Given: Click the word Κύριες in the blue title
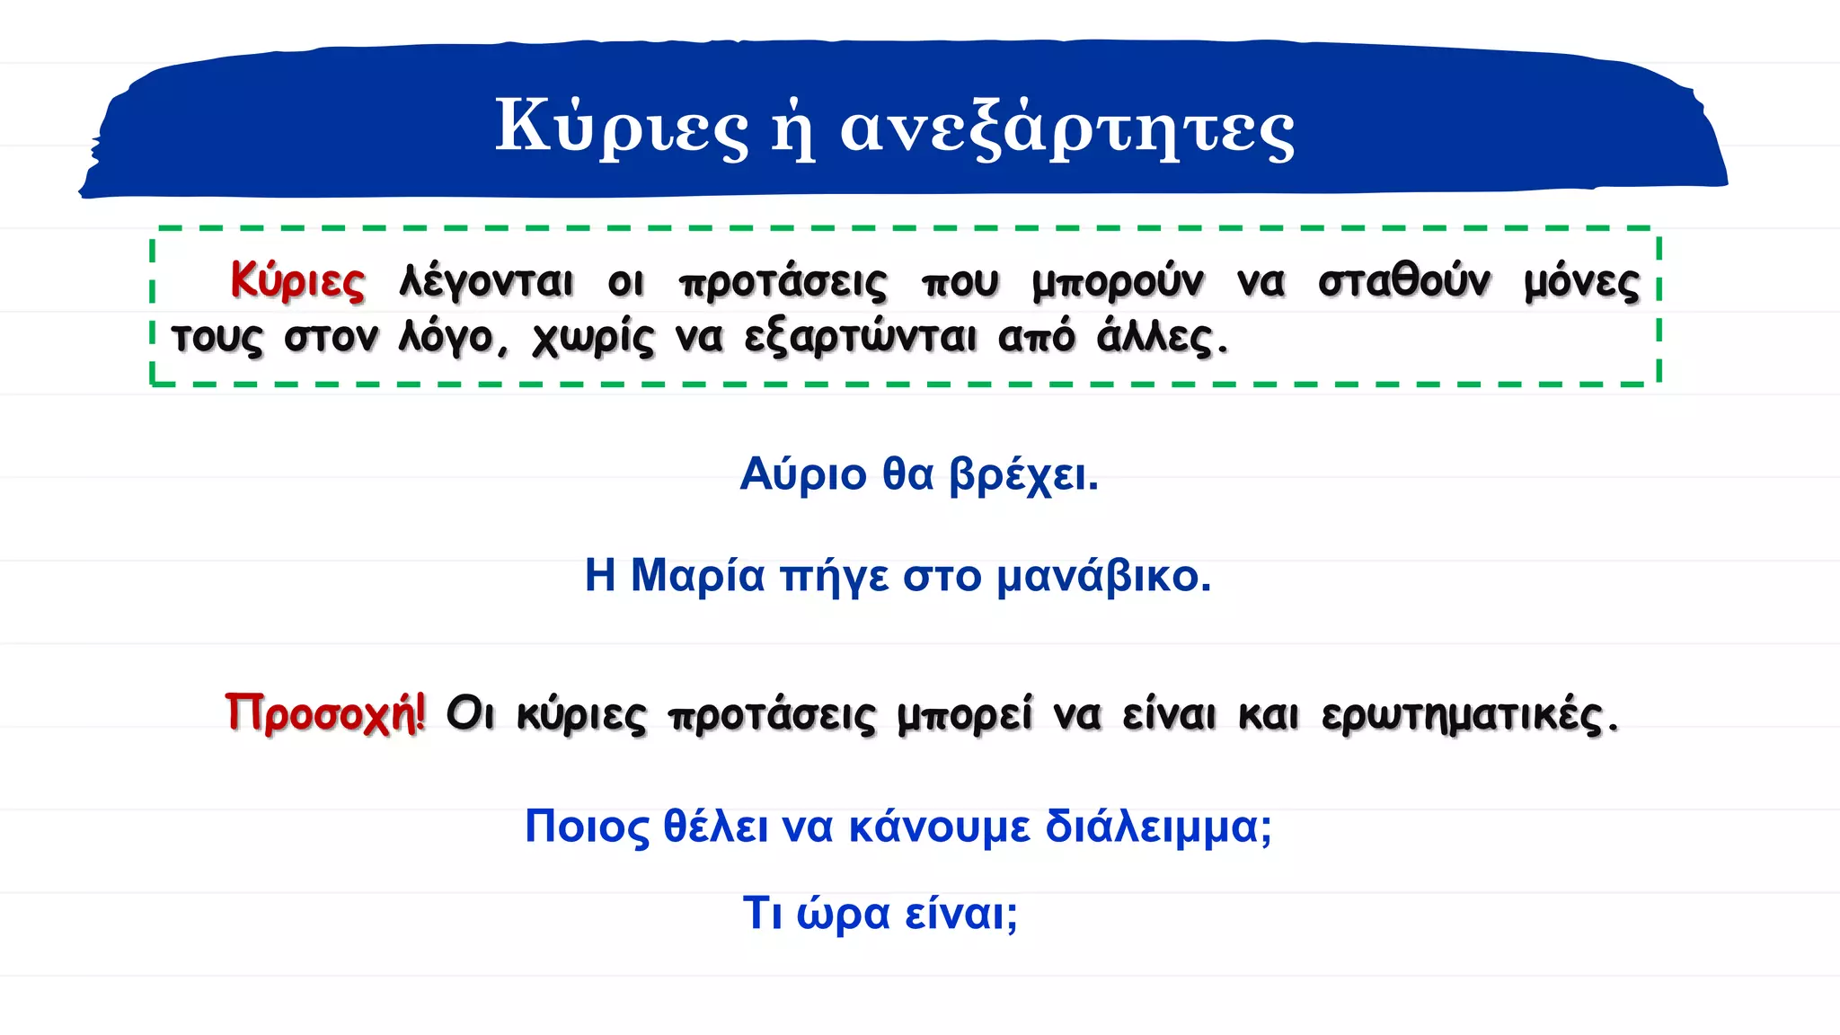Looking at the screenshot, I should [x=621, y=127].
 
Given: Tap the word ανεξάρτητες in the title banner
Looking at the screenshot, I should [x=1066, y=128].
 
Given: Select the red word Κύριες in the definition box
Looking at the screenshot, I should [x=297, y=280].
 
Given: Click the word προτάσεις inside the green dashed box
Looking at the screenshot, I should [x=783, y=282].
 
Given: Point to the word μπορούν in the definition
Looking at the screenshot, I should [x=1118, y=282].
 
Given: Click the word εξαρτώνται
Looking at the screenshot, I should [x=860, y=339].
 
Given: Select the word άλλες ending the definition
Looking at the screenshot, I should [x=1160, y=338].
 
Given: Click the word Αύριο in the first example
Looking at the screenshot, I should [x=803, y=473].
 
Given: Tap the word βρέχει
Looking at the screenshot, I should [x=1023, y=475].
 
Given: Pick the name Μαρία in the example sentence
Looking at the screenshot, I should [x=697, y=575].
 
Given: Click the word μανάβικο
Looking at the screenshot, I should [x=1104, y=576].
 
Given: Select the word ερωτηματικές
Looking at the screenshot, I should [x=1469, y=716].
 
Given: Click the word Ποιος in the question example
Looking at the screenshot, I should [x=587, y=826].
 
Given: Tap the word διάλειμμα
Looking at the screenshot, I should [x=1158, y=826].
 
